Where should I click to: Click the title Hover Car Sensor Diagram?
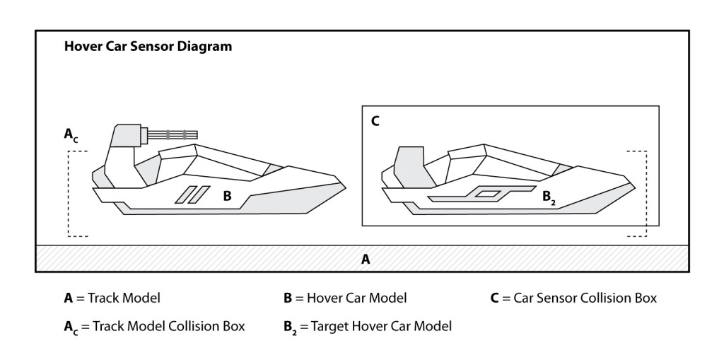coord(148,47)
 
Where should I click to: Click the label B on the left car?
coord(227,196)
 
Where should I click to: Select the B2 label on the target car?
coord(549,198)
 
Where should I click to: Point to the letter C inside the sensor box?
coord(375,121)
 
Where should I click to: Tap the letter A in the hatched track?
coord(366,260)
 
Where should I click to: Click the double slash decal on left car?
coord(192,194)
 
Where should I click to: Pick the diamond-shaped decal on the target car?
coord(488,192)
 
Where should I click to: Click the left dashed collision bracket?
coord(69,193)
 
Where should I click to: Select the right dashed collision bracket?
coord(646,193)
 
